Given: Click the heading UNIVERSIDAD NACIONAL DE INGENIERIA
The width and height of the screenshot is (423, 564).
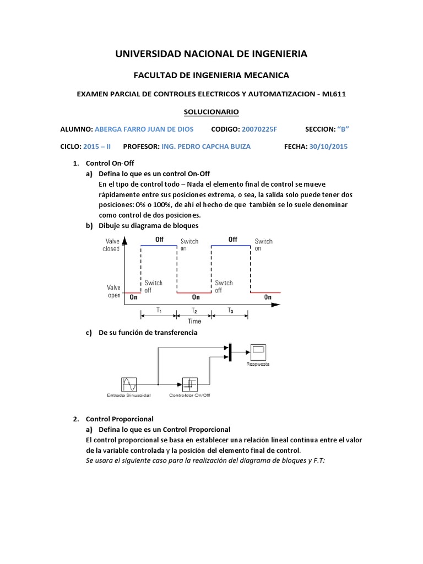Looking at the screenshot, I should click(211, 53).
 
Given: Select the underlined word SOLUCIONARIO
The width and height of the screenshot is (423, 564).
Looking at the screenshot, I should click(211, 112).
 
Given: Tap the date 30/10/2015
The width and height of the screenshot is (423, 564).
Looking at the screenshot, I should click(329, 147).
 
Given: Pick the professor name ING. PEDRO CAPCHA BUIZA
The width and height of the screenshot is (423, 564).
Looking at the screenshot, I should click(205, 147).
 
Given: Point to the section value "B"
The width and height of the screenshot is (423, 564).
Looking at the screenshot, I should click(343, 129).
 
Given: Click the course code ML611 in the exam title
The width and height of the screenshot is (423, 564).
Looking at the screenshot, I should click(335, 94).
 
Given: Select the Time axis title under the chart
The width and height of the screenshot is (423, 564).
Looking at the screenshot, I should click(194, 321).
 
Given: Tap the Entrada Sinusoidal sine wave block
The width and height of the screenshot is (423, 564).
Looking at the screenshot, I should click(129, 383).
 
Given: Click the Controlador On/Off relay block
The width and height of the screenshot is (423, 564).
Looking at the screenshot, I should click(189, 383).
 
